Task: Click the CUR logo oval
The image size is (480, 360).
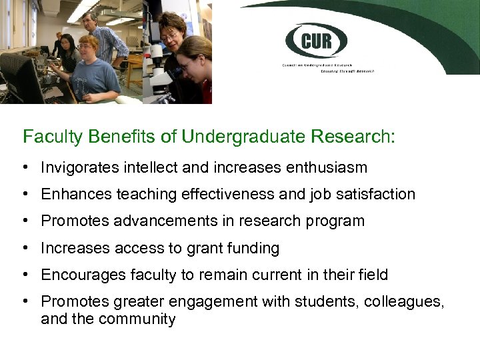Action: coord(315,42)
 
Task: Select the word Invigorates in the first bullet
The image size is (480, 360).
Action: coord(80,167)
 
